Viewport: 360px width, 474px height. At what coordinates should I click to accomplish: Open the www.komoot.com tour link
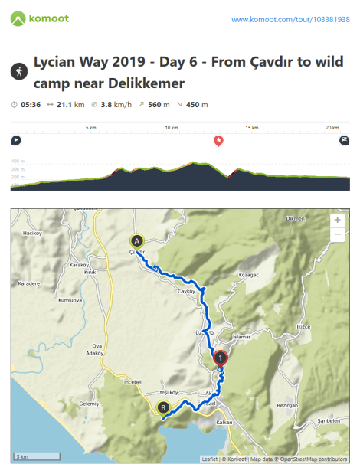point(290,19)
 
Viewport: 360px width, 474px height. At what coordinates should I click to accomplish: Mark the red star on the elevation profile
point(218,141)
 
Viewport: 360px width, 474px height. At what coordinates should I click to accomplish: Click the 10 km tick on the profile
point(172,127)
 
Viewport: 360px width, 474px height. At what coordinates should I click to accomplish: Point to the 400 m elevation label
point(18,162)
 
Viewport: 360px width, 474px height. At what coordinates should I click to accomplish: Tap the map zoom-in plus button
point(337,219)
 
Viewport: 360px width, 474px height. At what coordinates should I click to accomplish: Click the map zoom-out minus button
point(337,234)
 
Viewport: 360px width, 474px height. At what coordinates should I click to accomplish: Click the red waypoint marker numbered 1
point(221,357)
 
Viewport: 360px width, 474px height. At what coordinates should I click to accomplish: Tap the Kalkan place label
point(224,422)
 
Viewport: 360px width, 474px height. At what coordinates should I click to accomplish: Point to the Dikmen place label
point(296,219)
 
